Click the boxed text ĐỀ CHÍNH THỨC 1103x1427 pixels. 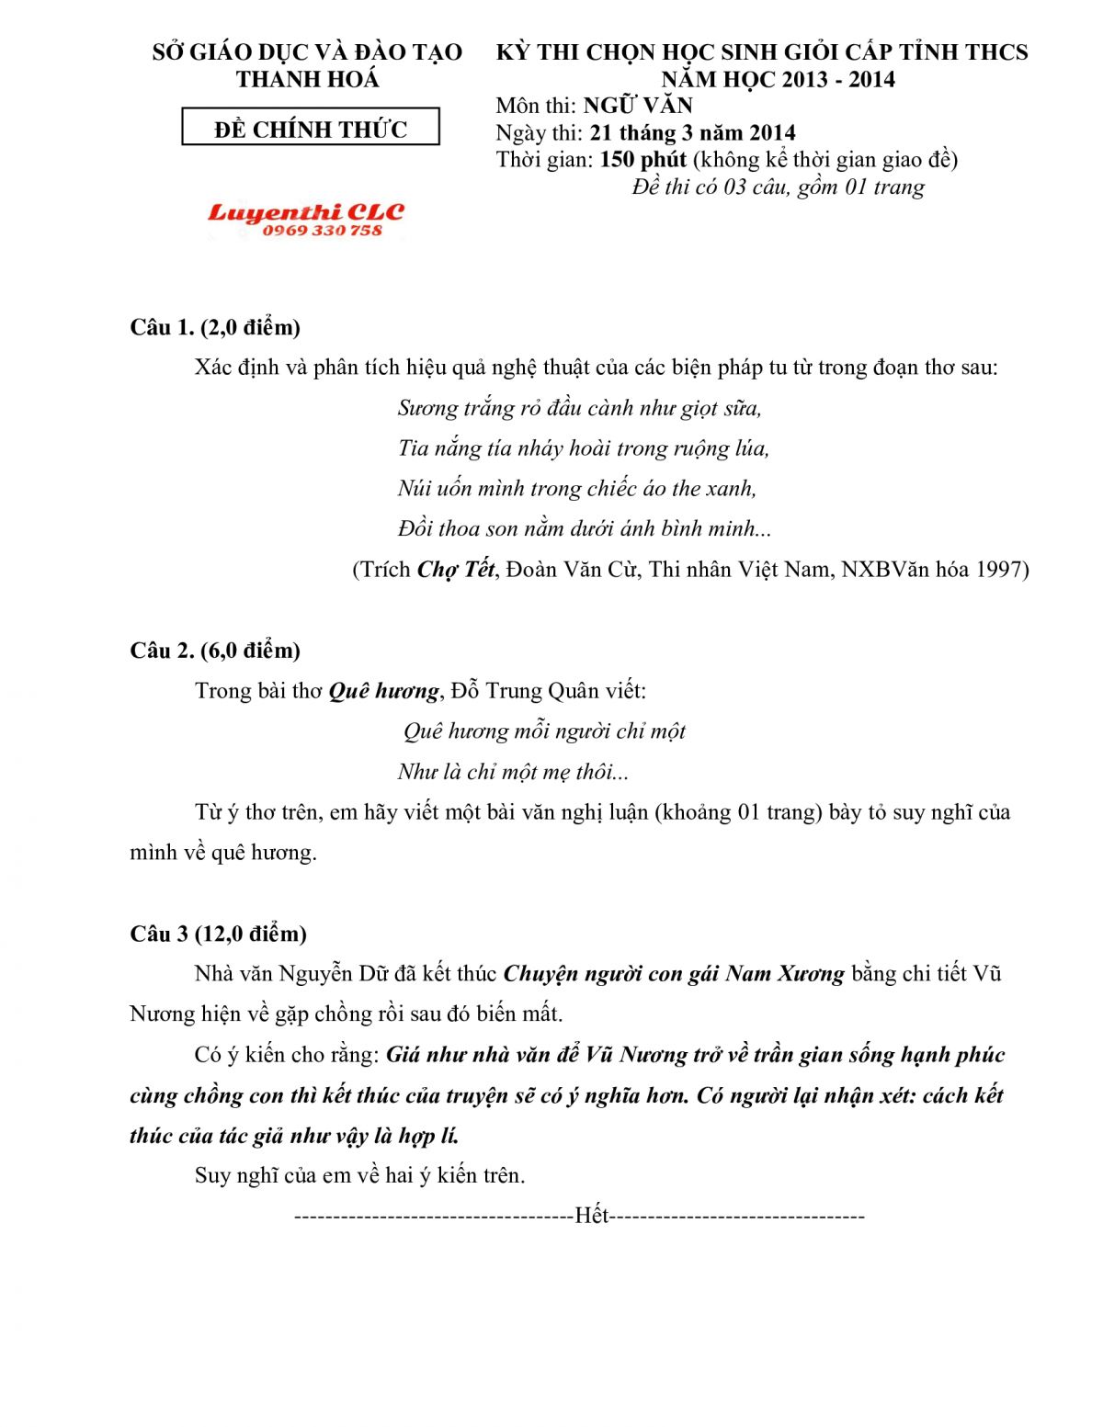pos(311,129)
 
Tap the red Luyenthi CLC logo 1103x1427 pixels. pos(306,213)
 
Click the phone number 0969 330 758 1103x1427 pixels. pos(322,231)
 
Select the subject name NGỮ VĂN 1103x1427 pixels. pos(638,106)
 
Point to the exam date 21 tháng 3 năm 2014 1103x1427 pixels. pos(692,133)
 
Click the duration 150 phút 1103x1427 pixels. pos(642,160)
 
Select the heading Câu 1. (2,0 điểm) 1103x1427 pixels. pos(215,327)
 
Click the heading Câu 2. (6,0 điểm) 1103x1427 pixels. pos(215,651)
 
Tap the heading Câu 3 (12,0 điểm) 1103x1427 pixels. pos(219,934)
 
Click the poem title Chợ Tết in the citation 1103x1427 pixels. pos(456,570)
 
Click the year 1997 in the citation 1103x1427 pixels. pos(999,570)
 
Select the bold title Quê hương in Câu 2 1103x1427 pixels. pos(383,691)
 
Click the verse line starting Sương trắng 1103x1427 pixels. pos(579,408)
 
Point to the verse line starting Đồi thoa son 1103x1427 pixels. pos(585,529)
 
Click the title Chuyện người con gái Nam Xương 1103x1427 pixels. pos(674,974)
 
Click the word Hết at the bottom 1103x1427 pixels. pos(592,1217)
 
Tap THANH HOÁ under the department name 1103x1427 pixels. pos(307,80)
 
